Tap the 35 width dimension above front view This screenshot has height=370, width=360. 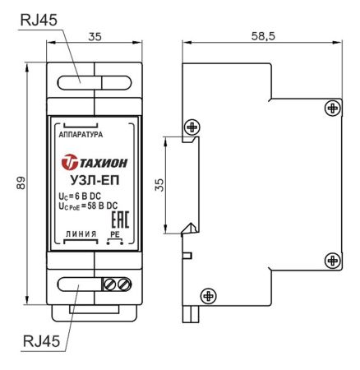tap(95, 35)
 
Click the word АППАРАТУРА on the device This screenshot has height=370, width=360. tap(81, 132)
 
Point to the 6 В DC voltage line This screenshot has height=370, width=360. tap(80, 196)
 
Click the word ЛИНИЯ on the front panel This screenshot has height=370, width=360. tap(81, 234)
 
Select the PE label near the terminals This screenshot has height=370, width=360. tap(115, 234)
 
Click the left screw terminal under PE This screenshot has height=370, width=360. tap(110, 284)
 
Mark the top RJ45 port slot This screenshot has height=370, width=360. tap(80, 81)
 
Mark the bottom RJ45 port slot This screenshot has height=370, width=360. tap(80, 284)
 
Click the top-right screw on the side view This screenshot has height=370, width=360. tap(330, 107)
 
